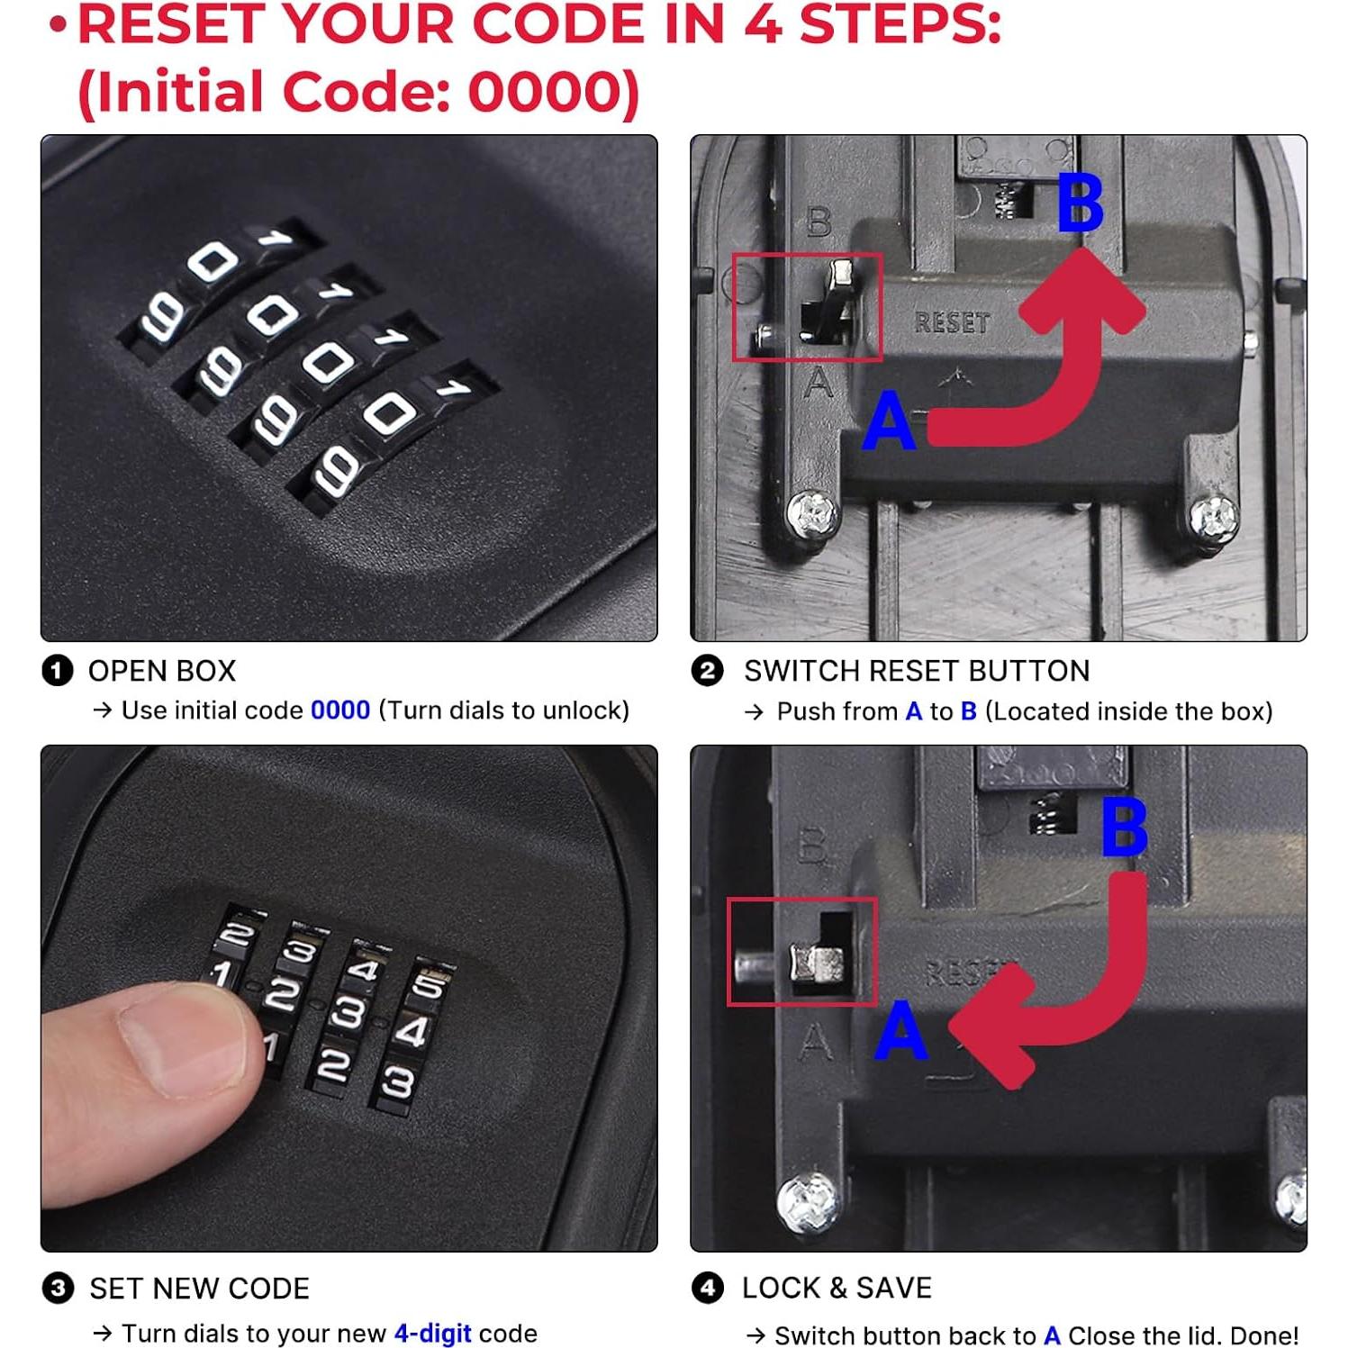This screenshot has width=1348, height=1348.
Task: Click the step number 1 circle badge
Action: point(58,671)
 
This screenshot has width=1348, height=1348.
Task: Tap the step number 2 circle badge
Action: point(707,671)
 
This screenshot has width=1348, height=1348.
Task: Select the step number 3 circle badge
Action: point(58,1288)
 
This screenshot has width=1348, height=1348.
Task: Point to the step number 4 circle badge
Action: point(707,1288)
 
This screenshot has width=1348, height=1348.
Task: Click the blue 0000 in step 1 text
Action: point(340,710)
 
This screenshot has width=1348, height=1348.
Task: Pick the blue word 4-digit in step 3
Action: point(433,1334)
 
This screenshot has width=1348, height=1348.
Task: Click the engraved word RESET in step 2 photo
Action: point(952,322)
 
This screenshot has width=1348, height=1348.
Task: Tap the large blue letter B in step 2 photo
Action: point(1080,203)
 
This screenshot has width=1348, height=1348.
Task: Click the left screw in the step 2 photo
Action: point(813,514)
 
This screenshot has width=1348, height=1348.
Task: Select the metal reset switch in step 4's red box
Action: point(816,964)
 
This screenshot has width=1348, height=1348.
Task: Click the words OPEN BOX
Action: point(162,671)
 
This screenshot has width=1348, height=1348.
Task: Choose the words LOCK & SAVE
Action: point(837,1288)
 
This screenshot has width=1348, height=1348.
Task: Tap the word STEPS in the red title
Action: point(900,24)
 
